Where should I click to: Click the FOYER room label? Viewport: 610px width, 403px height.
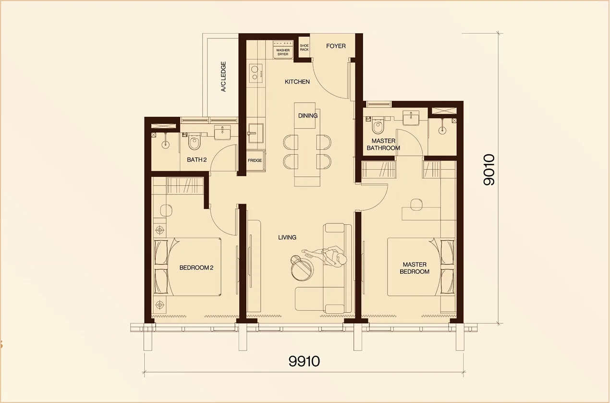pos(336,46)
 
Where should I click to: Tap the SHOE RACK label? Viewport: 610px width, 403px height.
pos(304,48)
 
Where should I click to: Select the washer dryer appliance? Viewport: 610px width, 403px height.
pos(282,49)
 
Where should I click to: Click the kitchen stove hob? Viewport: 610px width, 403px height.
pos(256,72)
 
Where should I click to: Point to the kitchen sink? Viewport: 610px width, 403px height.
pos(255,133)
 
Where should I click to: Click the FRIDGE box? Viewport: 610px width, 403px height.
pos(255,160)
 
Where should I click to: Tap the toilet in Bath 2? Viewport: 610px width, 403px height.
pos(194,142)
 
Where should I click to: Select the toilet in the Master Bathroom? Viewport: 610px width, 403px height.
pos(378,127)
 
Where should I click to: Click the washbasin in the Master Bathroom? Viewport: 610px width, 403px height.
pos(410,117)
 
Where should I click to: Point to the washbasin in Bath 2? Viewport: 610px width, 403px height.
pos(222,132)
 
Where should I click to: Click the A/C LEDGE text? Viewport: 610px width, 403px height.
pos(223,77)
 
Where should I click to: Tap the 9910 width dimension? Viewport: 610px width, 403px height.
pos(304,361)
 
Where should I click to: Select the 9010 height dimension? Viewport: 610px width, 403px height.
pos(489,170)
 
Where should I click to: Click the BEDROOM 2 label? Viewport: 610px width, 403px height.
pos(196,268)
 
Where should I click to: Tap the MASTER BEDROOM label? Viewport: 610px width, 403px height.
pos(415,268)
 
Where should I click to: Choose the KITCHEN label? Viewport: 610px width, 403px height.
pos(297,82)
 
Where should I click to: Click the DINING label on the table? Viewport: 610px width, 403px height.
pos(308,116)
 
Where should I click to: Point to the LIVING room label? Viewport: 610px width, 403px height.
pos(287,237)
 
